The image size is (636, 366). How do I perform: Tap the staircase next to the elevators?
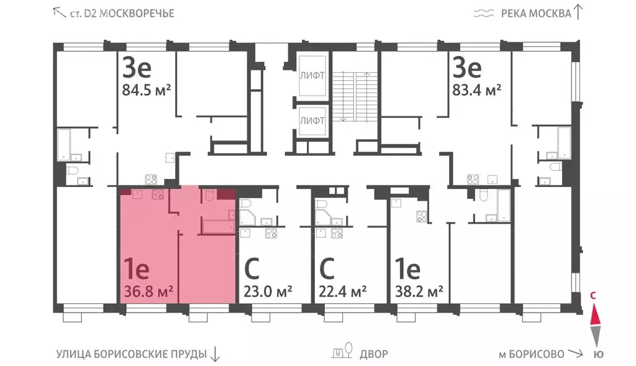353,96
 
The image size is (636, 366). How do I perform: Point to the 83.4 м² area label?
476,91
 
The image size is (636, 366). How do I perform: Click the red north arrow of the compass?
595,316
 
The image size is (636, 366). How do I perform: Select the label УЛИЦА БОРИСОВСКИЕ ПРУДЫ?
131,354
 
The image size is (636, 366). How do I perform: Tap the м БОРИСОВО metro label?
531,354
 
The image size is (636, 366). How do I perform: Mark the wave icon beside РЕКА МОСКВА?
483,13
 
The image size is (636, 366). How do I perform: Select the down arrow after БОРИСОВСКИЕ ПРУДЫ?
215,354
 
